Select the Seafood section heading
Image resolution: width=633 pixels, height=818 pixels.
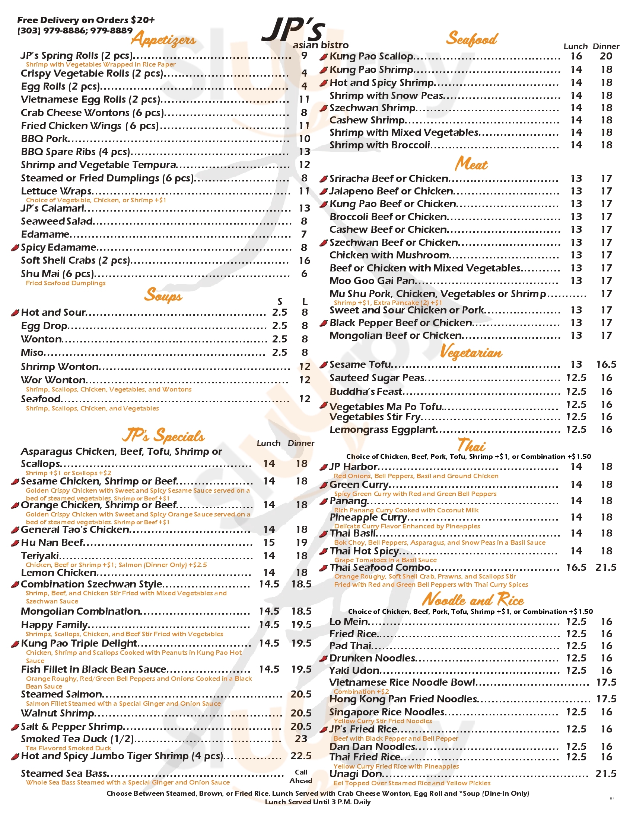(x=471, y=39)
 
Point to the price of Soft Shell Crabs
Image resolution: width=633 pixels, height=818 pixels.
(x=304, y=260)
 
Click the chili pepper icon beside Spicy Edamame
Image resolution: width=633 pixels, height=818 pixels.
(x=15, y=248)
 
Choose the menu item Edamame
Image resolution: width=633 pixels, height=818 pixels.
(x=45, y=235)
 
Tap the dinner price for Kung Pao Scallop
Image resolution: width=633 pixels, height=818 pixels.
(x=606, y=56)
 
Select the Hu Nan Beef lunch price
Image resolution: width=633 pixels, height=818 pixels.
(x=269, y=542)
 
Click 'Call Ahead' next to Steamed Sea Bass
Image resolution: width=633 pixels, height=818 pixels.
(x=301, y=776)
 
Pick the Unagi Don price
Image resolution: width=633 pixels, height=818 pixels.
(x=605, y=774)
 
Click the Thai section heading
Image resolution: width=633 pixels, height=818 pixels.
(x=471, y=445)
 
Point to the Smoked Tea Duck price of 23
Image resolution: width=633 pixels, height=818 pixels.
(x=301, y=739)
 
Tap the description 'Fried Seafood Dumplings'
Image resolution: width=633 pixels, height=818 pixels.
(x=66, y=283)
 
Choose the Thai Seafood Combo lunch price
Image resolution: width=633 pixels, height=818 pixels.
(x=576, y=567)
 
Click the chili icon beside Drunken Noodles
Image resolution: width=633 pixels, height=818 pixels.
(x=324, y=658)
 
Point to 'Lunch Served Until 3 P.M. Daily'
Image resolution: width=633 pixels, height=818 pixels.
(x=318, y=802)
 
